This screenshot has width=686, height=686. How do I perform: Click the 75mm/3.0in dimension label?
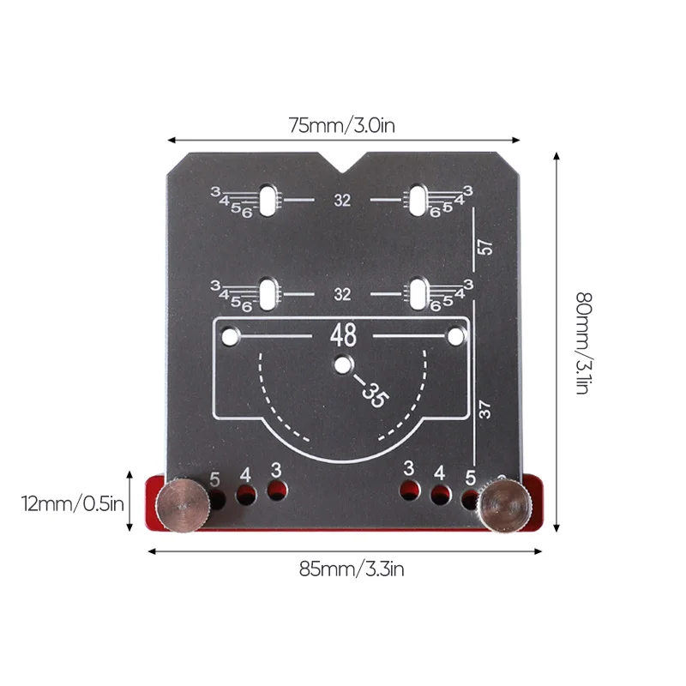pyautogui.click(x=341, y=125)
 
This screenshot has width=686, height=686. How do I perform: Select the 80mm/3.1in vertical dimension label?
pyautogui.click(x=582, y=343)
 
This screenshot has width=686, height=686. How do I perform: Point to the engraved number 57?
pyautogui.click(x=485, y=247)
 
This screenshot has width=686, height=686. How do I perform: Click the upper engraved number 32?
pyautogui.click(x=343, y=201)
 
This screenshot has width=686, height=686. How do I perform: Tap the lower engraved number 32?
pyautogui.click(x=343, y=294)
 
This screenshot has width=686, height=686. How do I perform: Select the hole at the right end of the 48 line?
pyautogui.click(x=455, y=337)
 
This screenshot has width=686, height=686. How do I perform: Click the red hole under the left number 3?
pyautogui.click(x=276, y=490)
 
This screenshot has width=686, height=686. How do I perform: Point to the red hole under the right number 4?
pyautogui.click(x=440, y=494)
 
